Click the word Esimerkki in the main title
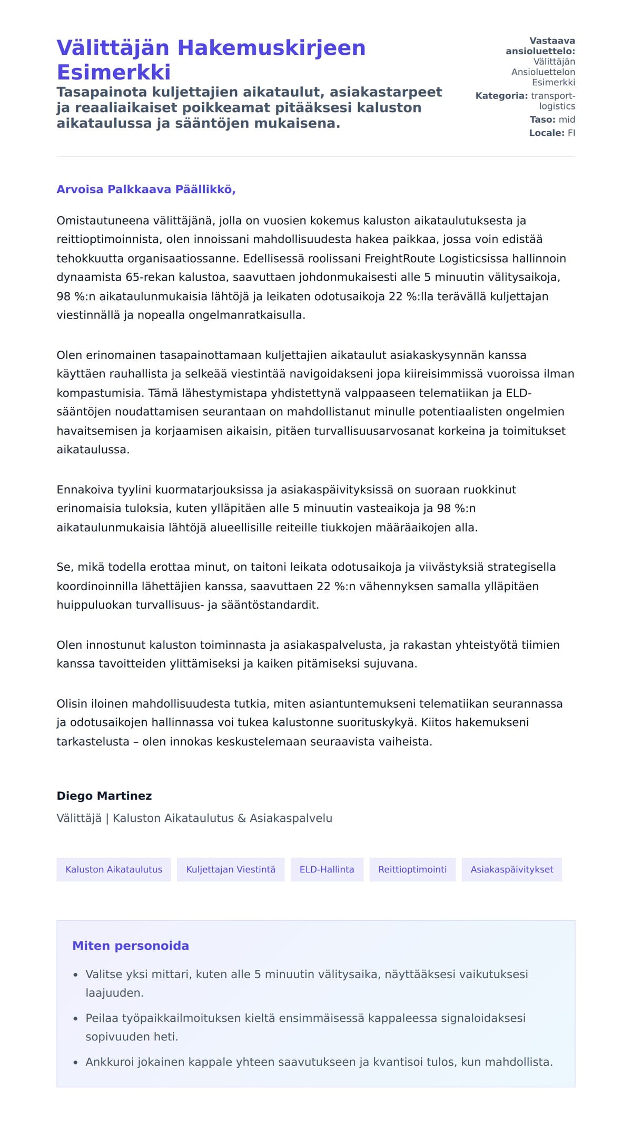113,72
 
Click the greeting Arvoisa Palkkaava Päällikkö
146,190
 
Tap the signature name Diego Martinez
104,796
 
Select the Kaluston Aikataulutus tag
114,869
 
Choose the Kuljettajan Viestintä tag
231,869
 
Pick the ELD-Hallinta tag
327,869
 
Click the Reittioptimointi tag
412,869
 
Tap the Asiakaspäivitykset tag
511,869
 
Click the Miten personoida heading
130,946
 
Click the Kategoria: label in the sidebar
501,96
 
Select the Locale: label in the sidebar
547,133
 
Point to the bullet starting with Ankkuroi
319,1062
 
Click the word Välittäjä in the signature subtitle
79,818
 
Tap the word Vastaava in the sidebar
552,41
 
